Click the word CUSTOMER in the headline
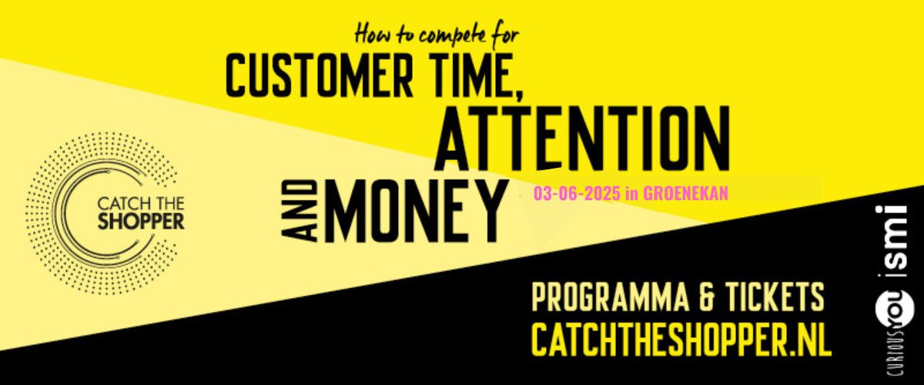(320, 75)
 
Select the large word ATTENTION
(582, 139)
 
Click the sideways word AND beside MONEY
(300, 211)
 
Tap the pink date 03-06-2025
(577, 193)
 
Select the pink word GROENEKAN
(685, 193)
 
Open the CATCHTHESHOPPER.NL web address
(681, 340)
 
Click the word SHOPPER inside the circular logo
(141, 221)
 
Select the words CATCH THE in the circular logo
(141, 203)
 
